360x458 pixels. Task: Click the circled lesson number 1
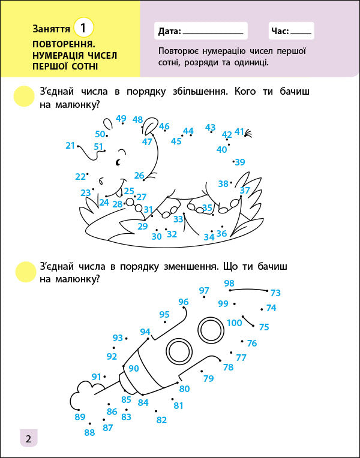pos(84,28)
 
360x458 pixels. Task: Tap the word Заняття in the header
pos(51,28)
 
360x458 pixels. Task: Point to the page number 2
pos(28,438)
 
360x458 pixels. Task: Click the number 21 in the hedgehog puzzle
pos(71,145)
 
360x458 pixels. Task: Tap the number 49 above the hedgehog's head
pos(121,118)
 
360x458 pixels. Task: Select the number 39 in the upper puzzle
pos(240,162)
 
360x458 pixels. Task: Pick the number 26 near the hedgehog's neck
pos(139,176)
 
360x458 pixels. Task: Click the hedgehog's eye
pos(119,161)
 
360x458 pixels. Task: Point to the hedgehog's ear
pos(149,126)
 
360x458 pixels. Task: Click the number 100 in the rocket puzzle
pos(235,323)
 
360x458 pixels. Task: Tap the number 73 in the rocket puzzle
pos(275,293)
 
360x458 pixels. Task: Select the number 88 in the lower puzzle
pos(89,432)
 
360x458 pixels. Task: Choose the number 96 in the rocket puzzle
pos(184,302)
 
